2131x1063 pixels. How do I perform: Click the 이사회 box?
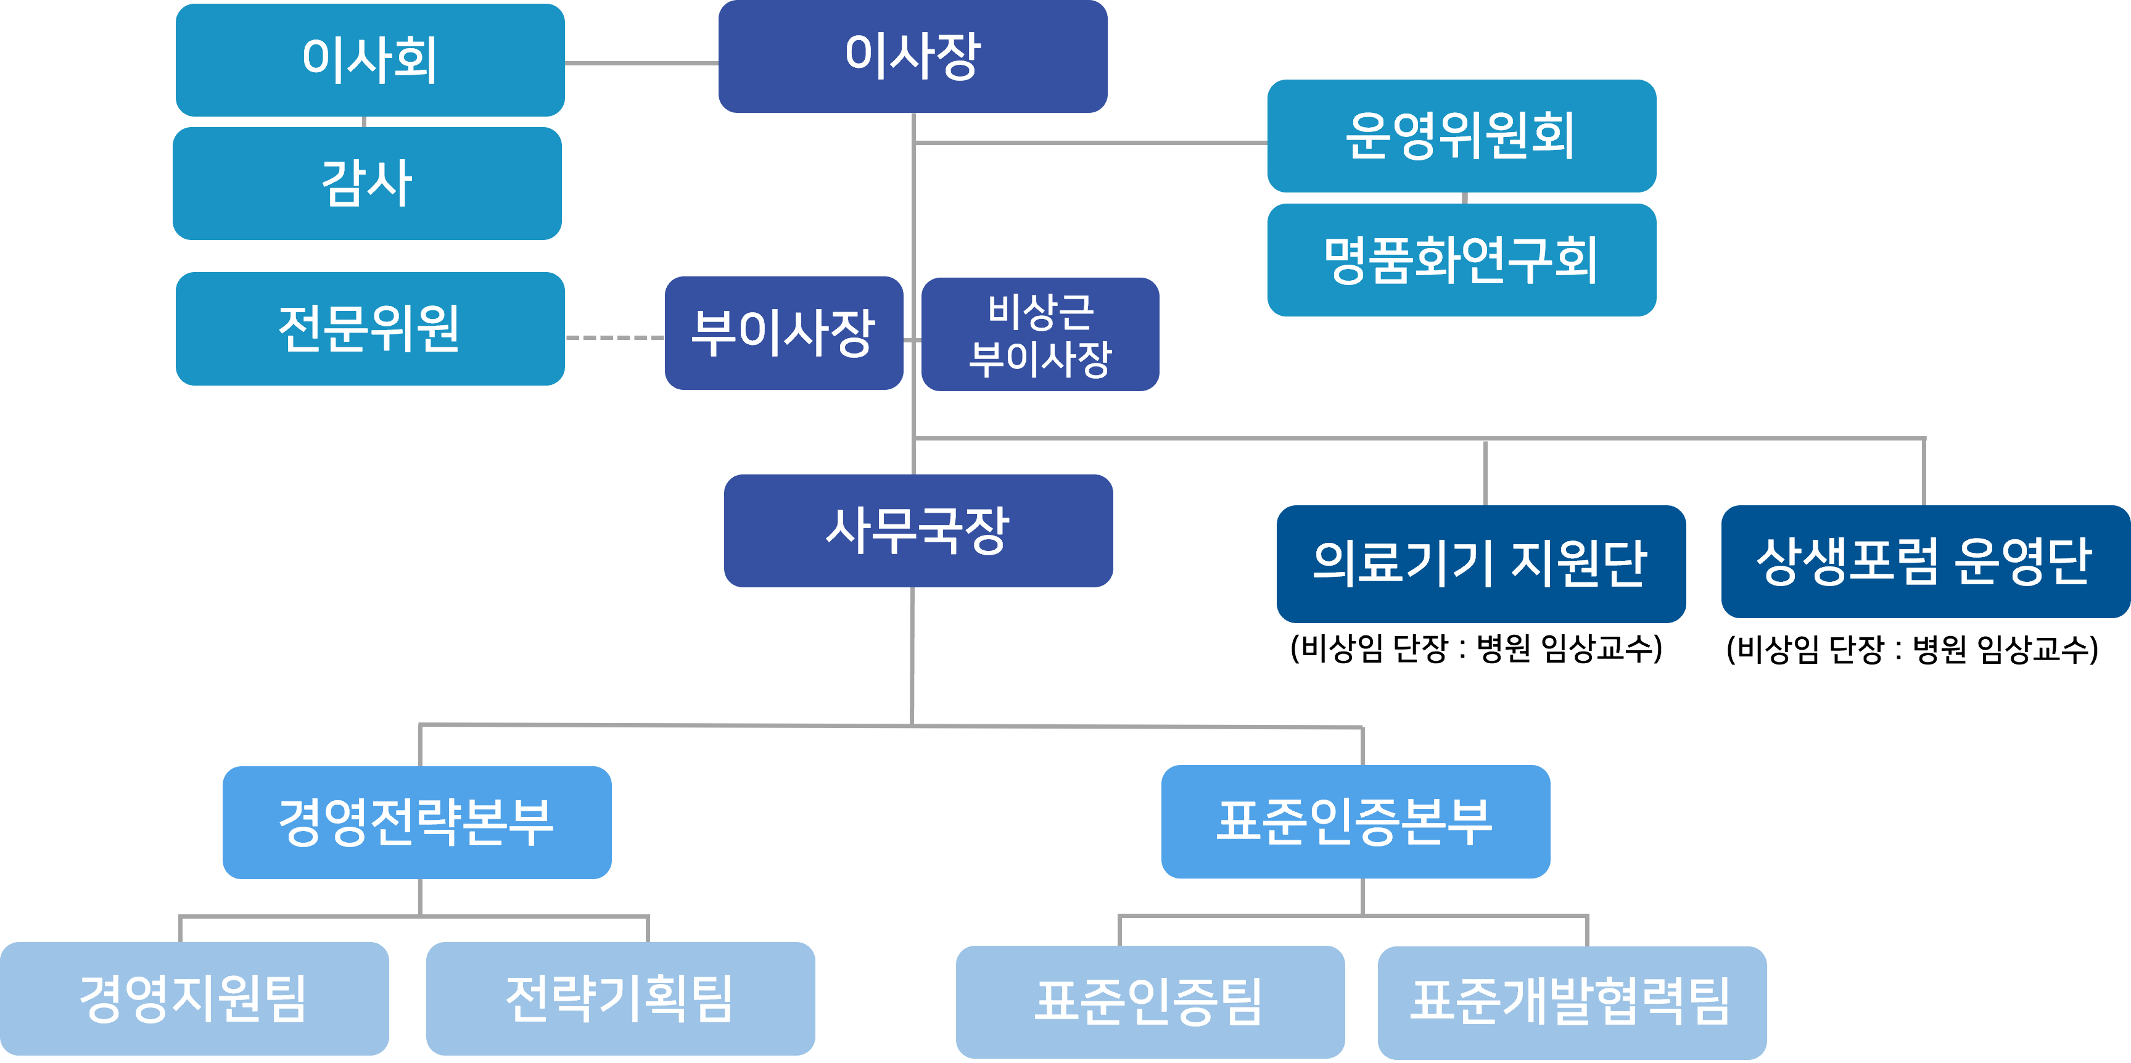pyautogui.click(x=370, y=60)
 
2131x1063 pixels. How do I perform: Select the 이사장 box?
pyautogui.click(x=912, y=56)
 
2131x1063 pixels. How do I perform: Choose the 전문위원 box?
pyautogui.click(x=370, y=328)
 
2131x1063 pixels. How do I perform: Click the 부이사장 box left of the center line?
pyautogui.click(x=783, y=333)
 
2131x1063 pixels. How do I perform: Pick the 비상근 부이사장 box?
pyautogui.click(x=1040, y=334)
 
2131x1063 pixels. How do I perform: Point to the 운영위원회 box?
pyautogui.click(x=1461, y=136)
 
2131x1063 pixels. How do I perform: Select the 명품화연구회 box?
pyautogui.click(x=1461, y=260)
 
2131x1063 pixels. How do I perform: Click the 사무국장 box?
pyautogui.click(x=918, y=530)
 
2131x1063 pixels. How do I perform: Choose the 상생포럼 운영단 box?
pyautogui.click(x=1925, y=561)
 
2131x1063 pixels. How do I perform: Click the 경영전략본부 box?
pyautogui.click(x=417, y=822)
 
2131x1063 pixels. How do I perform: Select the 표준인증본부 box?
pyautogui.click(x=1355, y=821)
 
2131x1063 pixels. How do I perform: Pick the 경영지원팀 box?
pyautogui.click(x=194, y=998)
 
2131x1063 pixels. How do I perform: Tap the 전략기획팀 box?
pyautogui.click(x=620, y=998)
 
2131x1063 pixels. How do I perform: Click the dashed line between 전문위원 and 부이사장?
pyautogui.click(x=615, y=337)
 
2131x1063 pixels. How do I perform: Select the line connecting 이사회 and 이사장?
pyautogui.click(x=641, y=63)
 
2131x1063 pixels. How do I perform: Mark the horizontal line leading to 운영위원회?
pyautogui.click(x=1092, y=143)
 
